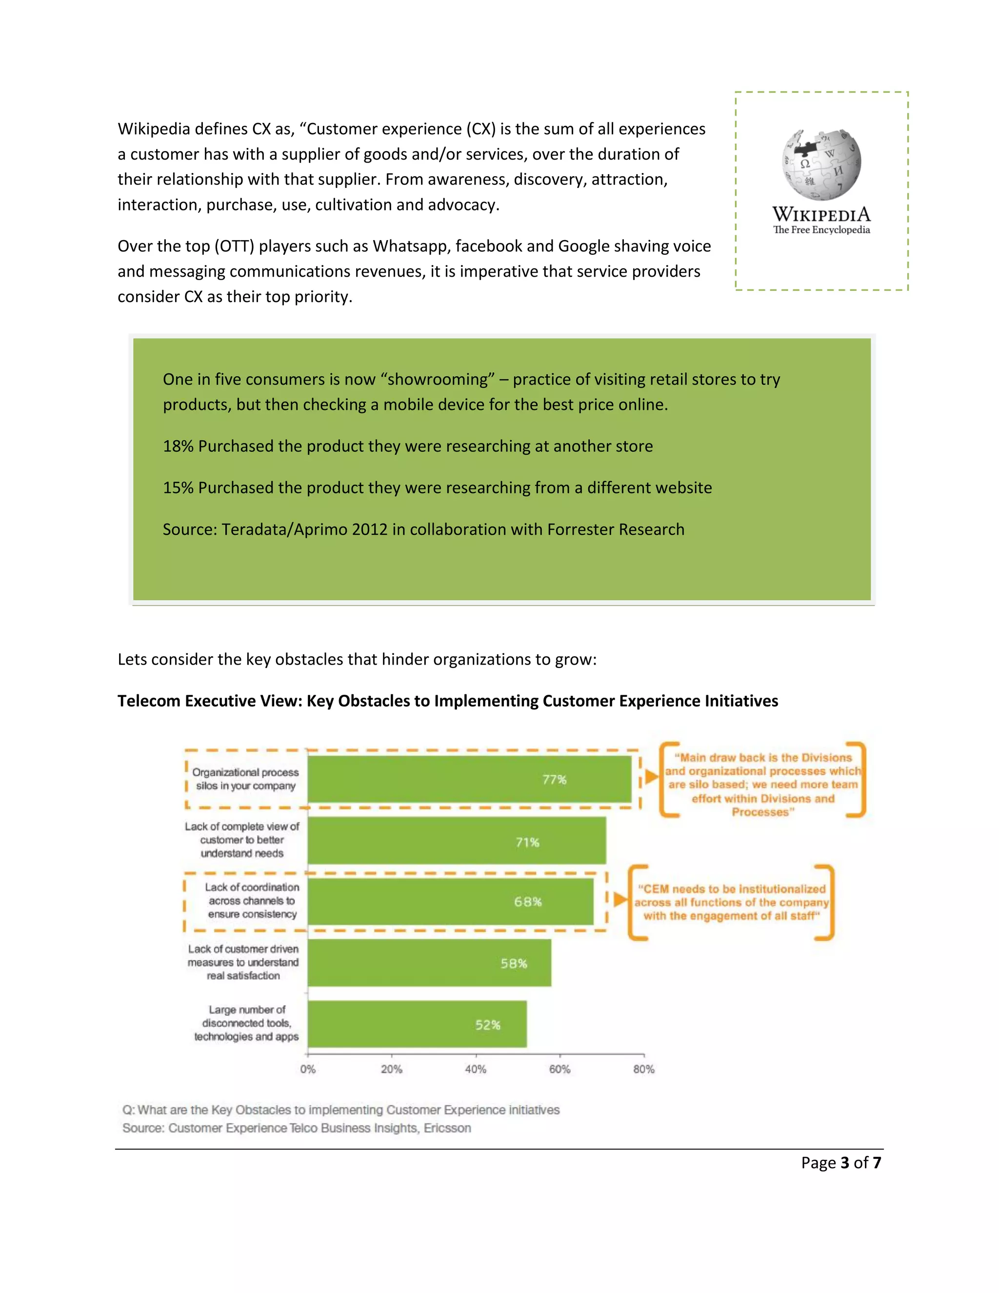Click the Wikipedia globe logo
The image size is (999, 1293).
coord(821,164)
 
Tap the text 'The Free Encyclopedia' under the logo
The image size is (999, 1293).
coord(821,230)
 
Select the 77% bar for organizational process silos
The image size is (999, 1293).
coord(469,779)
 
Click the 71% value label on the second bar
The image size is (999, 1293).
coord(527,842)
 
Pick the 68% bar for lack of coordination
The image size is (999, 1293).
coord(450,902)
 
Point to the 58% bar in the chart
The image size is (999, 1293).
coord(429,963)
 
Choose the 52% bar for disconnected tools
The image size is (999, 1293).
coord(417,1025)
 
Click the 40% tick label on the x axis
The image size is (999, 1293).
coord(475,1069)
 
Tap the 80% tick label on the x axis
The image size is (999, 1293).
coord(644,1069)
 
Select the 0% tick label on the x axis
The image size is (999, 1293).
coord(308,1069)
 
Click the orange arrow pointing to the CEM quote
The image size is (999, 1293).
coord(619,900)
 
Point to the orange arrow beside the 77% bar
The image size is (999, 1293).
coord(651,777)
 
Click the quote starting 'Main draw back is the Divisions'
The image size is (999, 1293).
coord(762,785)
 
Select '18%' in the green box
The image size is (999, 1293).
coord(178,446)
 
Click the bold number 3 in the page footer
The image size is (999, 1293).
coord(844,1163)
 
